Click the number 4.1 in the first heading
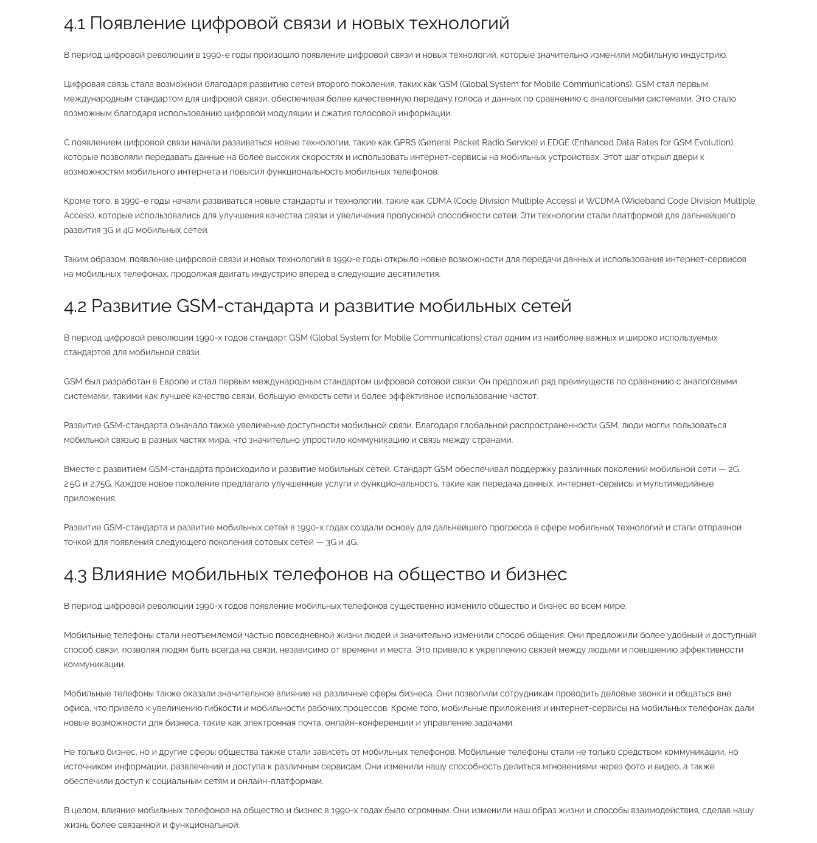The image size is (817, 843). [x=74, y=24]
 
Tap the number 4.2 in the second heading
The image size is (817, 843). [x=75, y=306]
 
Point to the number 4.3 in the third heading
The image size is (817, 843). [x=75, y=574]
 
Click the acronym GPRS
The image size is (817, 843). [x=405, y=142]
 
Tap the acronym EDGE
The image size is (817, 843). [x=558, y=142]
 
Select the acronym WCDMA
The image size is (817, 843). [x=602, y=201]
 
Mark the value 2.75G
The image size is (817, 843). [x=100, y=484]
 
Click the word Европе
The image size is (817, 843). [x=174, y=381]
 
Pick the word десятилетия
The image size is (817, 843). [x=414, y=274]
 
